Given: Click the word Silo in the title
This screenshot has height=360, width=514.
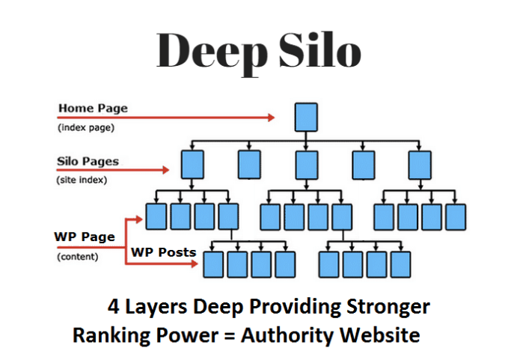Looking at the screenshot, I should click(x=318, y=51).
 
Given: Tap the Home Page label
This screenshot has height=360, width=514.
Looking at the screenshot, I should click(x=92, y=108).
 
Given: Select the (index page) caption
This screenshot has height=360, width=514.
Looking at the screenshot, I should click(x=85, y=127).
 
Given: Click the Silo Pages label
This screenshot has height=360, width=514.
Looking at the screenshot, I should click(x=88, y=161).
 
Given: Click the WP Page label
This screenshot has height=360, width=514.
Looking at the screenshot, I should click(x=84, y=237).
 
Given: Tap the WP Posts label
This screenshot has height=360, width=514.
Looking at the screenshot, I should click(x=163, y=252).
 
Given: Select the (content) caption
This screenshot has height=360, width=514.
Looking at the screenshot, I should click(x=79, y=257).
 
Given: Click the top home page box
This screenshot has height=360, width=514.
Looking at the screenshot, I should click(x=305, y=118).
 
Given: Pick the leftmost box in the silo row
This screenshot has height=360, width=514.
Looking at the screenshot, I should click(x=192, y=162).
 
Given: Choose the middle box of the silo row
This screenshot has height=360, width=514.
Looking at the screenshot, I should click(x=305, y=162).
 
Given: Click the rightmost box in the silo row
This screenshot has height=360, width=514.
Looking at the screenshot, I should click(x=419, y=162).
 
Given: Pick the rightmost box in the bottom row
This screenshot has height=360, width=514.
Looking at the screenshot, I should click(x=400, y=264).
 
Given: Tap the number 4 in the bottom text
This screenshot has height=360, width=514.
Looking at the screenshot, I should click(x=114, y=308).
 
